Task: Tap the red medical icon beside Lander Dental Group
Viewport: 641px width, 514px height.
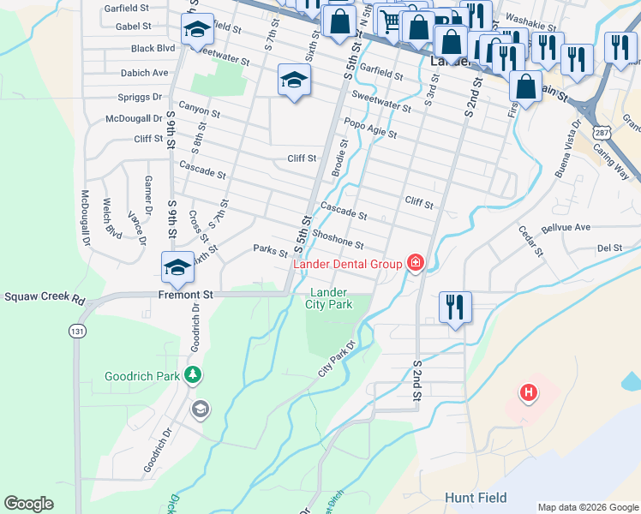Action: click(416, 262)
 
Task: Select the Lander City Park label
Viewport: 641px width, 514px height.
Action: click(330, 298)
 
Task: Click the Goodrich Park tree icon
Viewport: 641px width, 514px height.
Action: click(194, 374)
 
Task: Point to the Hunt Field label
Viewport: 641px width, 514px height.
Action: click(476, 498)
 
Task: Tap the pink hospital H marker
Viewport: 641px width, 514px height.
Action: click(530, 393)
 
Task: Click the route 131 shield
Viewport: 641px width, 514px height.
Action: click(78, 332)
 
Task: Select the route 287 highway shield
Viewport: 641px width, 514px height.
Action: click(602, 134)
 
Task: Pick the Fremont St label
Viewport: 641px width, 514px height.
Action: click(184, 294)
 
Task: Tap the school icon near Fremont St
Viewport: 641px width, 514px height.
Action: click(177, 266)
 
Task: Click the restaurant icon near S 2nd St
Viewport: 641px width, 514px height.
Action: click(454, 306)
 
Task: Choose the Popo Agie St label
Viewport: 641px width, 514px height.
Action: click(369, 128)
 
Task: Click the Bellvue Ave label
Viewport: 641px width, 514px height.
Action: click(566, 227)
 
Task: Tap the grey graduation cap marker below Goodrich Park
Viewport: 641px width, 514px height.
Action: click(201, 409)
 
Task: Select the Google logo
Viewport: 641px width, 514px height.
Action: click(29, 504)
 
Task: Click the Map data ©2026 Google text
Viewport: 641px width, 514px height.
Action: click(587, 507)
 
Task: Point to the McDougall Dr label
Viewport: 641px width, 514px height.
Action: click(134, 119)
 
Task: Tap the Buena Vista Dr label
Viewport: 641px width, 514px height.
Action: click(566, 157)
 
